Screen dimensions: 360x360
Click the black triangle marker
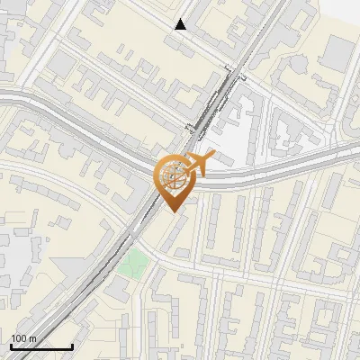click(x=181, y=24)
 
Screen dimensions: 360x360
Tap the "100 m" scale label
click(x=23, y=337)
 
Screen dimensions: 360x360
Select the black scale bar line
click(x=41, y=346)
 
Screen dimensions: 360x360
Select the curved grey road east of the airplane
click(x=270, y=167)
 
